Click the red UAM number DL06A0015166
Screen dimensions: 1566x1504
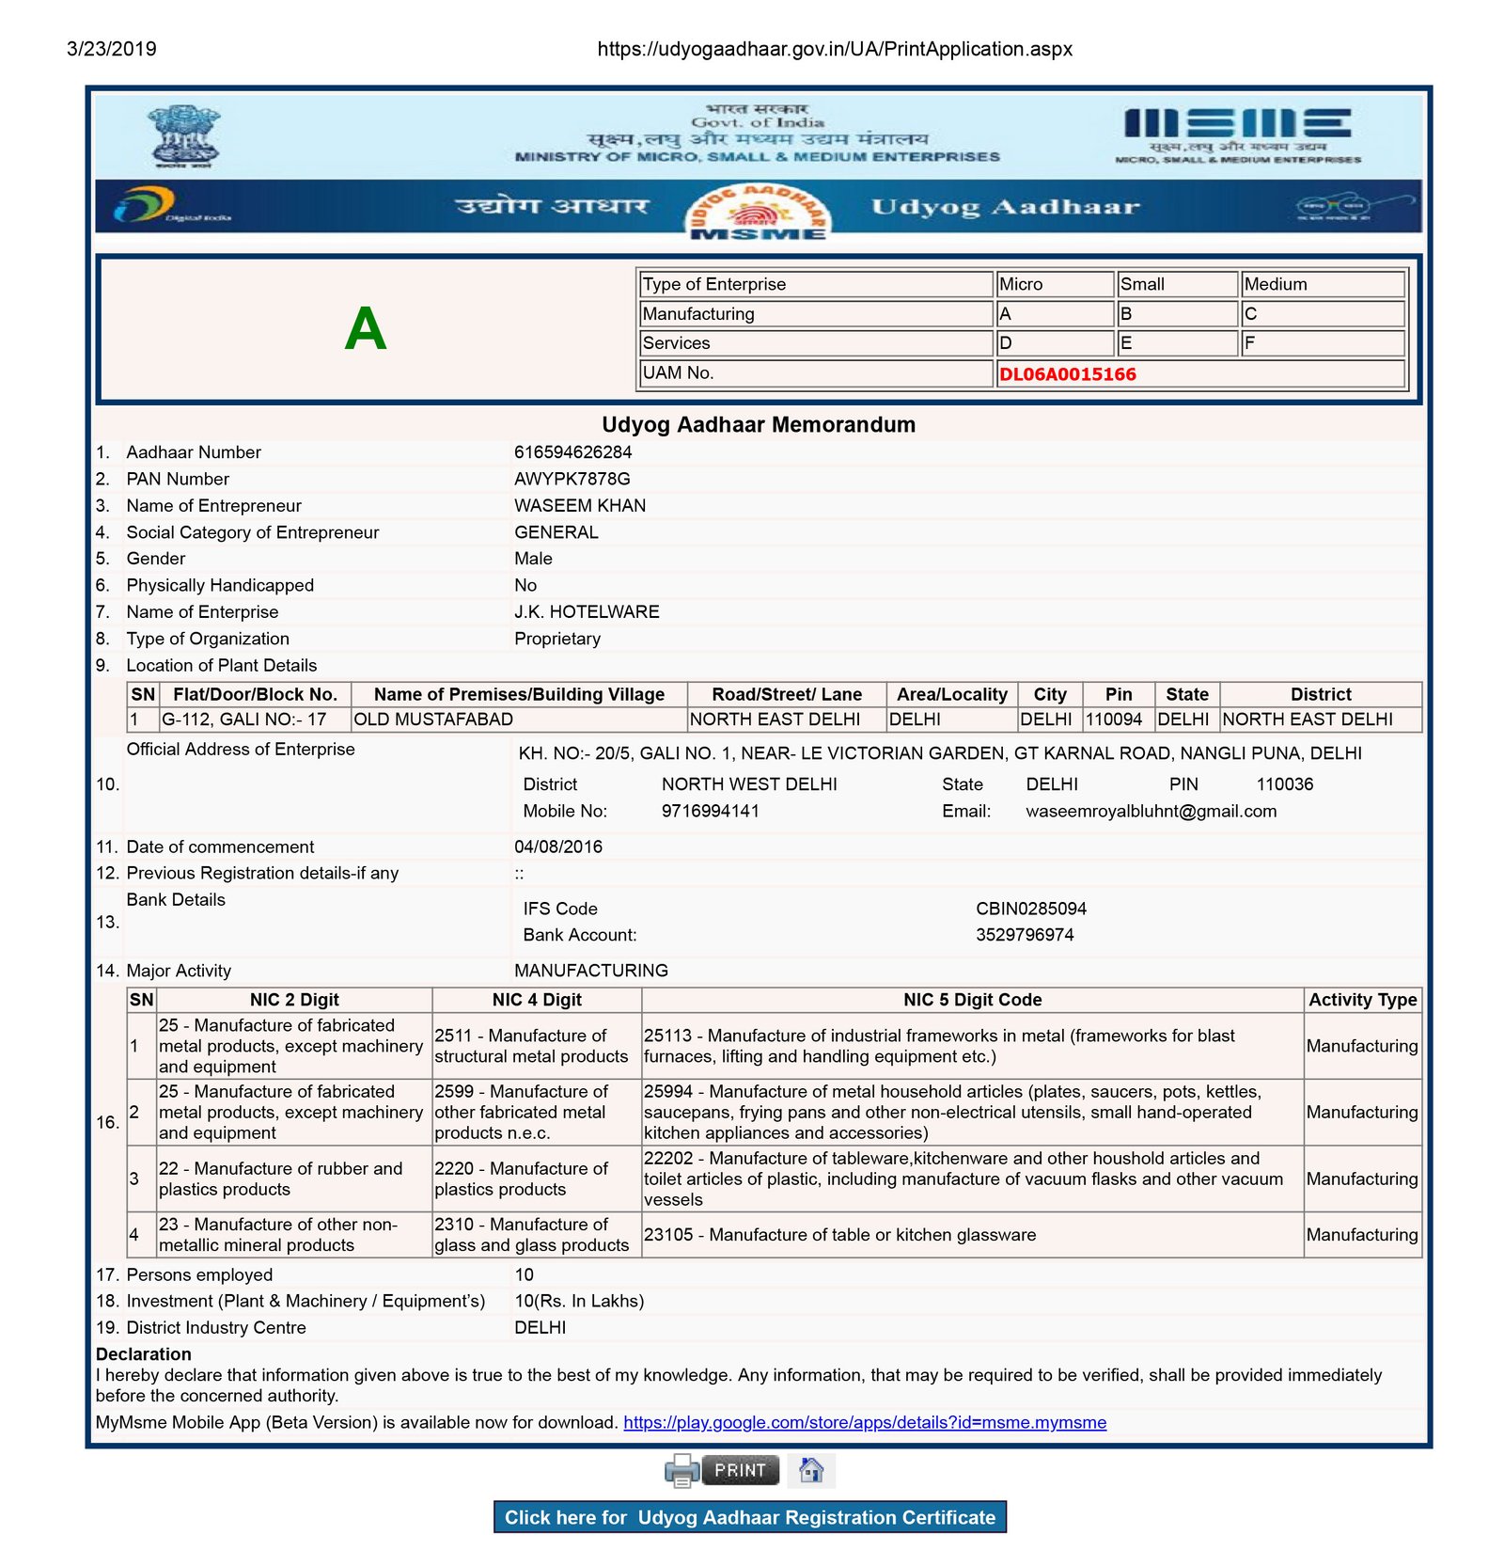point(1067,374)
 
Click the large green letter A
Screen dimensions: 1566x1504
point(366,329)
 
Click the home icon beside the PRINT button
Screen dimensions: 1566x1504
point(811,1469)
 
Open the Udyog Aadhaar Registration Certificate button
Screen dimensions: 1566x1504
point(749,1517)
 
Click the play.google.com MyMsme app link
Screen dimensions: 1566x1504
point(865,1422)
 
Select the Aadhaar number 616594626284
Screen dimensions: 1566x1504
point(572,452)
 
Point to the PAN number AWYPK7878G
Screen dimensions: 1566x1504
point(572,479)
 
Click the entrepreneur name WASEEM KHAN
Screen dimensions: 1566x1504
point(579,506)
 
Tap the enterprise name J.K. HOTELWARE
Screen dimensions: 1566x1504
point(587,612)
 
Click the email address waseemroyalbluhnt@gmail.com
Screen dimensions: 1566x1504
point(1151,811)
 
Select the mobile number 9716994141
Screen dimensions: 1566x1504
point(710,811)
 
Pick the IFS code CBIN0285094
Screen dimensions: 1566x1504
point(1030,909)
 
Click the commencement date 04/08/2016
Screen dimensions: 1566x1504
point(557,846)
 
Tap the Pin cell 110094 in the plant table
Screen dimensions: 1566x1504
point(1114,720)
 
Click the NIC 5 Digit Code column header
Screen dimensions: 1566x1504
point(972,1000)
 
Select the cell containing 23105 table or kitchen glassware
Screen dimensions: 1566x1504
point(839,1235)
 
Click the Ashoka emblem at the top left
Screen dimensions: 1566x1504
point(184,137)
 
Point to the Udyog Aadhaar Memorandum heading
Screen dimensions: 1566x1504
point(758,425)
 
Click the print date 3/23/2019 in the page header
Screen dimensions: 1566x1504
point(111,49)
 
